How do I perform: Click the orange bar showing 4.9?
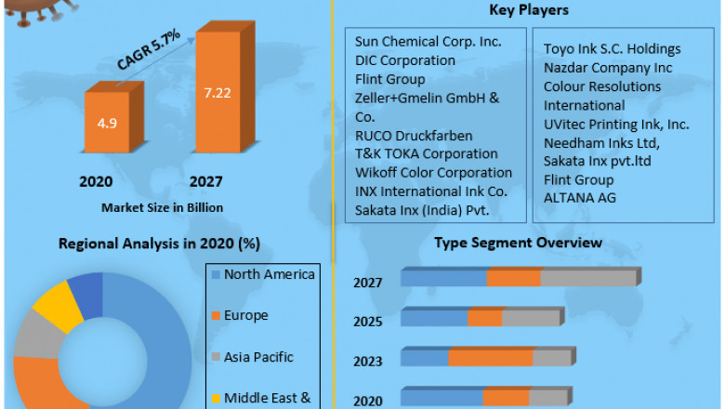tap(112, 121)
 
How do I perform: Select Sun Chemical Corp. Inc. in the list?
tap(428, 42)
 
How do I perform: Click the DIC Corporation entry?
tap(405, 60)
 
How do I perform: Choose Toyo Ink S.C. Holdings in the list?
tap(613, 48)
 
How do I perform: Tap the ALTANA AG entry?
tap(579, 197)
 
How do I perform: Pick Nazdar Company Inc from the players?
tap(609, 67)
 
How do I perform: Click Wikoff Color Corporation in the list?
tap(433, 172)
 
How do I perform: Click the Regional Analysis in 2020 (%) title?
tap(159, 244)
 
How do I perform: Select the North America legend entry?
tap(270, 273)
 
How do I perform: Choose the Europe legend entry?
tap(245, 315)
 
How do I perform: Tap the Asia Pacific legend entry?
tap(258, 357)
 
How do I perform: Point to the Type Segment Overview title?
tap(518, 243)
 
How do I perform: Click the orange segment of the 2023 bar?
tap(490, 359)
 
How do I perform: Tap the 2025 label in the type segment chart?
tap(368, 322)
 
